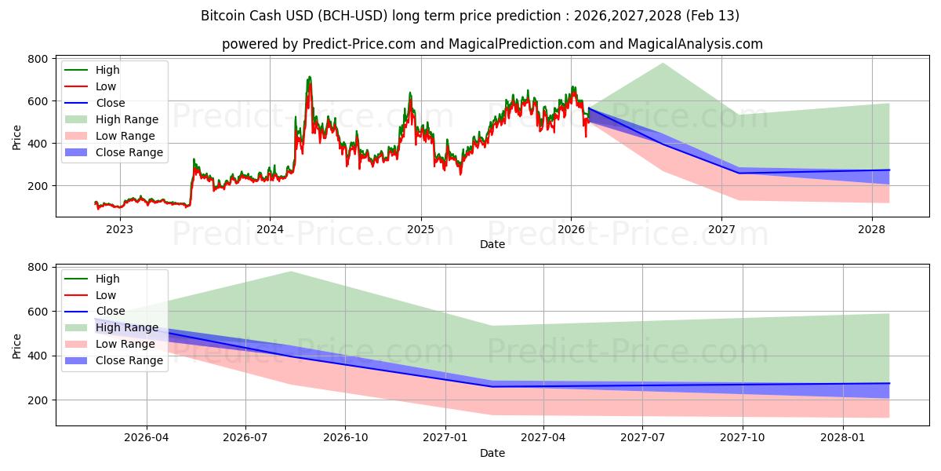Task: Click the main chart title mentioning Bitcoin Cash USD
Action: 470,16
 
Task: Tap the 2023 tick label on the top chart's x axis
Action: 119,229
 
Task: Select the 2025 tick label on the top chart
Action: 420,229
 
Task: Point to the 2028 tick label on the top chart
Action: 872,229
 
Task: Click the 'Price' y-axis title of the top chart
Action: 17,137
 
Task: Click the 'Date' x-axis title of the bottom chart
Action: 492,453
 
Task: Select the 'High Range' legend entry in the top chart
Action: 126,119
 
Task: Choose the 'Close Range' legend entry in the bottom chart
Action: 129,360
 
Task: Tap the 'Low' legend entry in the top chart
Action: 106,86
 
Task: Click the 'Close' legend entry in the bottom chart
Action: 110,311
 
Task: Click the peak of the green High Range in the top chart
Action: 663,64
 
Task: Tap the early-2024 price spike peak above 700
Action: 309,77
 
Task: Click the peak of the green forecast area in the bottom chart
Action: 291,272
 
